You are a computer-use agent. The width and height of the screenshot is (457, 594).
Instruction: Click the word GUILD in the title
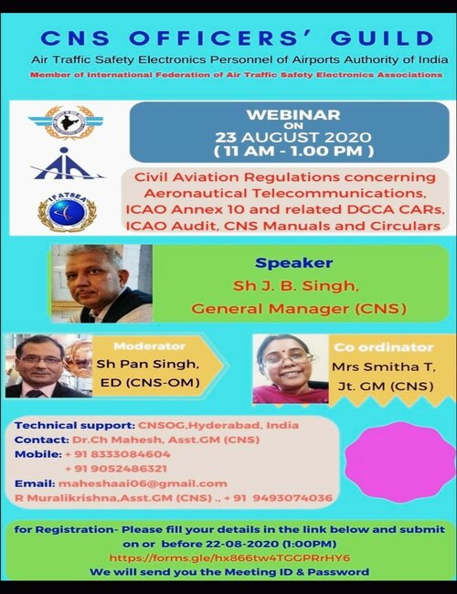(x=382, y=38)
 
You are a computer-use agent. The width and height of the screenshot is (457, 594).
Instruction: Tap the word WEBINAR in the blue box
(x=293, y=115)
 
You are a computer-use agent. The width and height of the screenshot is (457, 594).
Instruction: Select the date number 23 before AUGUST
(x=227, y=137)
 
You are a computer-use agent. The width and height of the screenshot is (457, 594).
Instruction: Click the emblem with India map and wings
(x=67, y=122)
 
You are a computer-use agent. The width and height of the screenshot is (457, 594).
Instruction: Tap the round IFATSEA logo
(x=67, y=212)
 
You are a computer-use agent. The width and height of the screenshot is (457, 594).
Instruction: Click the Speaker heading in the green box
(x=294, y=263)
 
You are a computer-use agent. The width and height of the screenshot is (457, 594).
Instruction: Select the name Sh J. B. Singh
(x=295, y=286)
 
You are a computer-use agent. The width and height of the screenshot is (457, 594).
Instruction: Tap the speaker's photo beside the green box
(x=102, y=283)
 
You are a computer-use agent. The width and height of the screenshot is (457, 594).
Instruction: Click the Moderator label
(x=150, y=346)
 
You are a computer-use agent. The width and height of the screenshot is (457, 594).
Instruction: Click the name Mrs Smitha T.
(x=384, y=366)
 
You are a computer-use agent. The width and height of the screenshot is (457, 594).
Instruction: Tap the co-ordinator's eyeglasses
(x=290, y=357)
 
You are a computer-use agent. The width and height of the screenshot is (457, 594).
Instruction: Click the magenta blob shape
(x=400, y=461)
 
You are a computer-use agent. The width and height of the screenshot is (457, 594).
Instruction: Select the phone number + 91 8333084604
(x=118, y=454)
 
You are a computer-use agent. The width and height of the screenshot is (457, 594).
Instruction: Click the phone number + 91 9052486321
(x=116, y=469)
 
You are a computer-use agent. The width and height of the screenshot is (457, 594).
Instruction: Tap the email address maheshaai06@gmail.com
(x=143, y=483)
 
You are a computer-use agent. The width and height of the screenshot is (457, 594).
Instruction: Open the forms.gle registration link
(x=229, y=557)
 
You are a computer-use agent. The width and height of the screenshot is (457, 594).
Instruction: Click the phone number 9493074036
(x=292, y=498)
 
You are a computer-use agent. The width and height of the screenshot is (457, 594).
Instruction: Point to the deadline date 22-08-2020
(x=242, y=544)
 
